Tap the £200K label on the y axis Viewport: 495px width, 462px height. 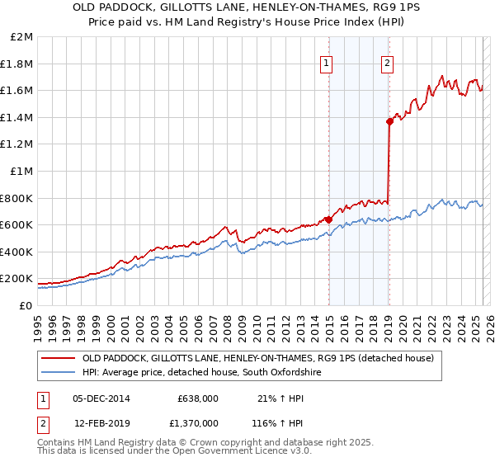coord(18,279)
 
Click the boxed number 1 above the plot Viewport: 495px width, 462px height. coord(327,62)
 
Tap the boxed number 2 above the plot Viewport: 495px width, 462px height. coord(387,62)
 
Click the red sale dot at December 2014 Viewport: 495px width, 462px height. coord(328,219)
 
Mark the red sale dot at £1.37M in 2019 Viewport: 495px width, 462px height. coord(389,121)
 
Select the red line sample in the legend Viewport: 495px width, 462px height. coord(58,358)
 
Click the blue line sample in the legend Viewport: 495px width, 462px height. coord(58,373)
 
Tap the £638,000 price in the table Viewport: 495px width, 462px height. coord(197,398)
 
